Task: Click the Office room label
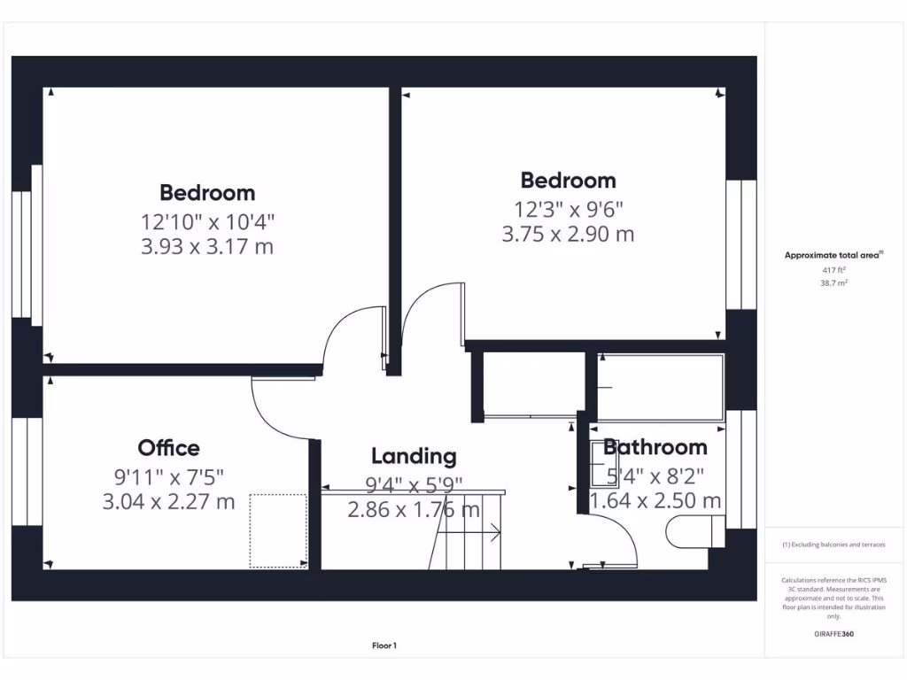coord(168,448)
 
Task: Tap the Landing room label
coord(414,456)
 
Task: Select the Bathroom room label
coord(655,447)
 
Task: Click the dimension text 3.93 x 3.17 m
coord(207,247)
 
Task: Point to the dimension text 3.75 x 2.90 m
coord(568,235)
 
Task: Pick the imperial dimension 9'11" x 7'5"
coord(168,476)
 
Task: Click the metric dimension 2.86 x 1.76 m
coord(414,510)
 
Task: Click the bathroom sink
coord(604,464)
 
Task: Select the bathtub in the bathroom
coord(660,388)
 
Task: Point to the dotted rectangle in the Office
coord(278,530)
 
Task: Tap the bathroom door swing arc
coord(620,536)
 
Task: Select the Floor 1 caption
coord(384,646)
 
